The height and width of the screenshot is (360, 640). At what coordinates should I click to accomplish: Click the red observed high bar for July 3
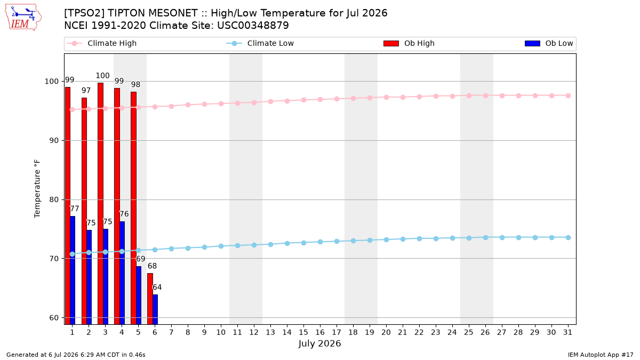(101, 203)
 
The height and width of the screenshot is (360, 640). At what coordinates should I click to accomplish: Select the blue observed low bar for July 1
(73, 270)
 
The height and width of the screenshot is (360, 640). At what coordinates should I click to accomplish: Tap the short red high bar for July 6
(150, 299)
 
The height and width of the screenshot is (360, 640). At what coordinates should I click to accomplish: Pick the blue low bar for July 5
(139, 295)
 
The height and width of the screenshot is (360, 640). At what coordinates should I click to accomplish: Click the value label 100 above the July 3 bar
(102, 76)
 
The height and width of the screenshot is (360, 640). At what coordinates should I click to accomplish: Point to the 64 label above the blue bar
(157, 287)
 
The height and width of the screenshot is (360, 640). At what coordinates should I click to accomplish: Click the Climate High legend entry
(101, 43)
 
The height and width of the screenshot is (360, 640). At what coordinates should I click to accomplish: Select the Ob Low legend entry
(549, 43)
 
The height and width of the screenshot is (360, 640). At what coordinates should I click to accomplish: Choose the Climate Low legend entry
(260, 43)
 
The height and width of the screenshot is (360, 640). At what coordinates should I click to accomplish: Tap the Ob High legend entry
(409, 43)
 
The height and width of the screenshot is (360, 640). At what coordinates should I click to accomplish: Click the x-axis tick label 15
(303, 332)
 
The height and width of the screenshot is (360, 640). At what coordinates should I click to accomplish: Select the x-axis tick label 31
(567, 332)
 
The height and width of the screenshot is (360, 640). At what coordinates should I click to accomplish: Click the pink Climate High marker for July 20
(386, 97)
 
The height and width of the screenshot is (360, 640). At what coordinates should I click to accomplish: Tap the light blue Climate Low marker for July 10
(221, 246)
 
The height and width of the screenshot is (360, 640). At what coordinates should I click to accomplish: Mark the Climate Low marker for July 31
(569, 237)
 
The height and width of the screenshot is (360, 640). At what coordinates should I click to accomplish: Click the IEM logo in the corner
(23, 17)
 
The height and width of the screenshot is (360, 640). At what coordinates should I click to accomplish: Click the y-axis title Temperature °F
(37, 189)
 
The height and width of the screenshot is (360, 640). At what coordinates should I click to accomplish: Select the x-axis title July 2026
(319, 343)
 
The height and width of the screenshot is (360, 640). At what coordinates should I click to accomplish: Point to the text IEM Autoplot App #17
(601, 355)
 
